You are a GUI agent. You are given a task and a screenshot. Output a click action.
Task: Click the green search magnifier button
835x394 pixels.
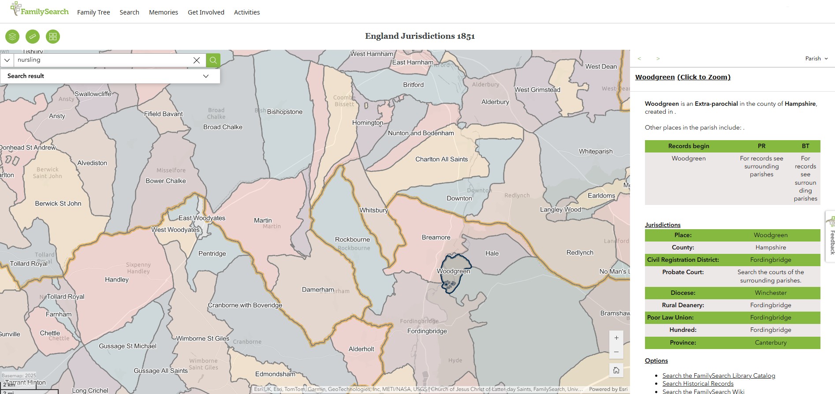(213, 60)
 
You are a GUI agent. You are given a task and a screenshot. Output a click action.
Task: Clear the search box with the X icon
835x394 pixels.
(197, 60)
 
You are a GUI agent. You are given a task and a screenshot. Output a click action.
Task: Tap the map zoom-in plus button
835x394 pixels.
(616, 338)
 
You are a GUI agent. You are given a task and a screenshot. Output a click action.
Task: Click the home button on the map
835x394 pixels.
(616, 370)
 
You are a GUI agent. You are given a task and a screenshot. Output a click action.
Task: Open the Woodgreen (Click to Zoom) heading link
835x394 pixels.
(682, 77)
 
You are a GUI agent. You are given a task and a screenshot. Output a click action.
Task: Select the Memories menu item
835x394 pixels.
(164, 12)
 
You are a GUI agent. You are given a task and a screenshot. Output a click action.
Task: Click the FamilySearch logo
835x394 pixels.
(40, 10)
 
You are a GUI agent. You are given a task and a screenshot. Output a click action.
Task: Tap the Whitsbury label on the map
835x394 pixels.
(373, 210)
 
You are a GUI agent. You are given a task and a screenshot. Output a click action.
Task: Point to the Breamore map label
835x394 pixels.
(436, 238)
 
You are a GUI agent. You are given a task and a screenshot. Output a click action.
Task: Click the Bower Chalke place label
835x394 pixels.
(166, 181)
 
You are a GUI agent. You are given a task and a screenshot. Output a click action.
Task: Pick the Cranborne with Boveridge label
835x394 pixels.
(245, 305)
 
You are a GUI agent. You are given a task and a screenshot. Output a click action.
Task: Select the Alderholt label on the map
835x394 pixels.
(361, 349)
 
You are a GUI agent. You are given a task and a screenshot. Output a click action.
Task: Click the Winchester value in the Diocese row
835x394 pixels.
(770, 293)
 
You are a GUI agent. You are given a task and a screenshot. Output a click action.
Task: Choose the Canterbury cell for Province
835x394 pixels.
(770, 342)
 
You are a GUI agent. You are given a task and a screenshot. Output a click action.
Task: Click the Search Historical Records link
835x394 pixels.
(697, 383)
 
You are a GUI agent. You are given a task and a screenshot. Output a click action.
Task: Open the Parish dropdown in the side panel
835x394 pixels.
(816, 59)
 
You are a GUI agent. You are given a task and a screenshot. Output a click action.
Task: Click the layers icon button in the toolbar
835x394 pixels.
(12, 37)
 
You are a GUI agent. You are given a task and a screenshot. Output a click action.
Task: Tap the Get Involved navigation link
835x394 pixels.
(206, 12)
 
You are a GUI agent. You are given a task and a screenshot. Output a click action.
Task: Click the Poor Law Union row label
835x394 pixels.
(670, 317)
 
